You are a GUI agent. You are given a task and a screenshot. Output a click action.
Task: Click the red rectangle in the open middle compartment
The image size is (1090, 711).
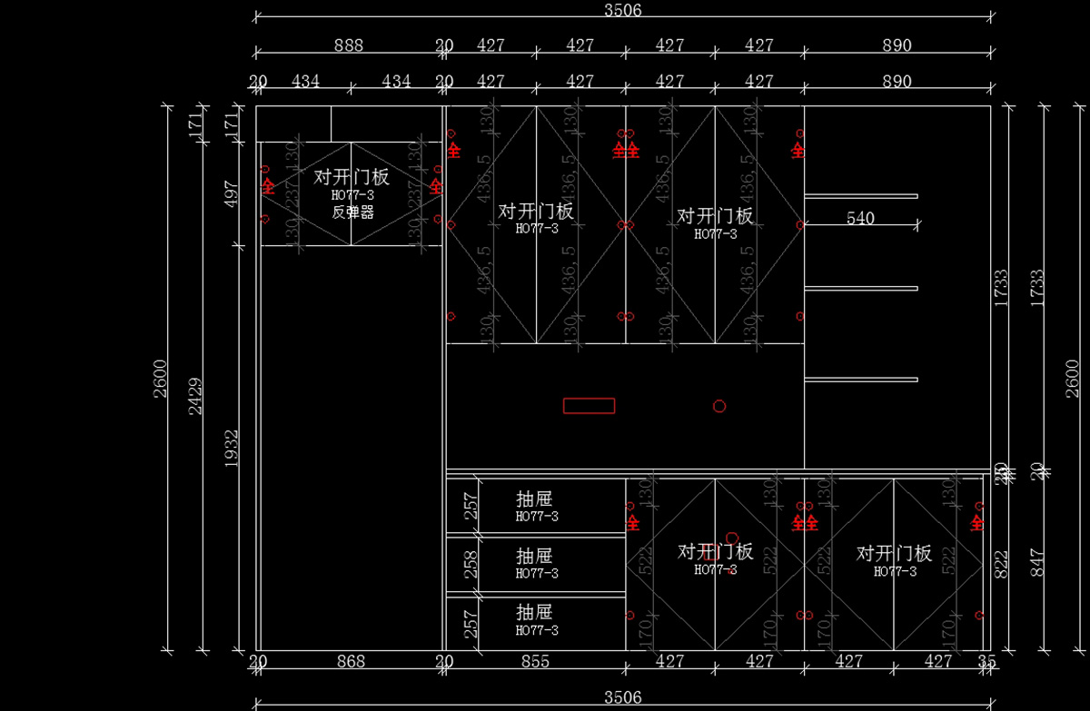click(589, 406)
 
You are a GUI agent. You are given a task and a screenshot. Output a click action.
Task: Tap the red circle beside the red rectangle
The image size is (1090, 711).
click(719, 406)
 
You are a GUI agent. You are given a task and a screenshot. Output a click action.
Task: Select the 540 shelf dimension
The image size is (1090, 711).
click(860, 218)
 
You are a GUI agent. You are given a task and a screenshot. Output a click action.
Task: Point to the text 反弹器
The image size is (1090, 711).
click(352, 212)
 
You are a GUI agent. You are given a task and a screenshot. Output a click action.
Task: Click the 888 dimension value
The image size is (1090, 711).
click(349, 45)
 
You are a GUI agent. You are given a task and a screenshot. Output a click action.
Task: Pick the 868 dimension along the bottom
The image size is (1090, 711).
click(351, 662)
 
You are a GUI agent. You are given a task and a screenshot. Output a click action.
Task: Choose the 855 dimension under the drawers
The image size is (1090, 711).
click(535, 662)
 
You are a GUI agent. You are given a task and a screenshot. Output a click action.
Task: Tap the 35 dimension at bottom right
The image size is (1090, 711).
click(987, 662)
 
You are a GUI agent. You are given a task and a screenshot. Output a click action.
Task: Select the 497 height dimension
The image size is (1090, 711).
click(233, 193)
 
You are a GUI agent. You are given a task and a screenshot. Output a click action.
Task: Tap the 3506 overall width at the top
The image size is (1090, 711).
click(623, 10)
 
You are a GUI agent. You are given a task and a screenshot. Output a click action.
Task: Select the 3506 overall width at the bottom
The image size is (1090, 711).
click(623, 697)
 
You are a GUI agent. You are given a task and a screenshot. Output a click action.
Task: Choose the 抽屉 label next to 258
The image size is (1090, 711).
click(534, 556)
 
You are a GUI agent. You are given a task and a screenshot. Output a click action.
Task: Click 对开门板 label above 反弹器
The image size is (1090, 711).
click(352, 177)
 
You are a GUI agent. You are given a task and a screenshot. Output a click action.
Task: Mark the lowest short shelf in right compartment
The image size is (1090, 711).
click(861, 380)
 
